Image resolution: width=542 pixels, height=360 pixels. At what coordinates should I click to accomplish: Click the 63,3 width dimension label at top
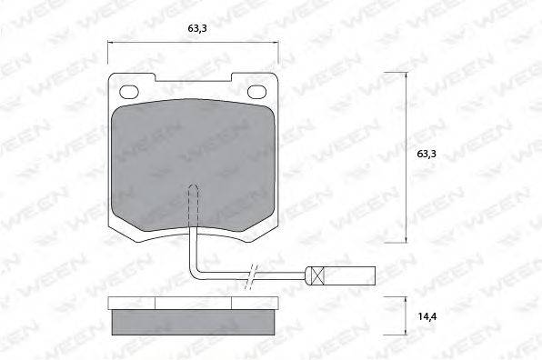pyautogui.click(x=197, y=28)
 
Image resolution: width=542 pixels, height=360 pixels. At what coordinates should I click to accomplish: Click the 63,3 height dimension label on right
pyautogui.click(x=427, y=154)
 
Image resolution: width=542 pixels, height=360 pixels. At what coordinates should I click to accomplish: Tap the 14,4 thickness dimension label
pyautogui.click(x=427, y=316)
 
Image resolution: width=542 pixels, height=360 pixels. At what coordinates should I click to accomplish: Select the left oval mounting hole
pyautogui.click(x=129, y=92)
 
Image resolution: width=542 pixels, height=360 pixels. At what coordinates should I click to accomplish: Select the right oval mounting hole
pyautogui.click(x=257, y=92)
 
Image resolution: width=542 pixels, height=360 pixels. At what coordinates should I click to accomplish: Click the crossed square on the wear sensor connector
pyautogui.click(x=318, y=276)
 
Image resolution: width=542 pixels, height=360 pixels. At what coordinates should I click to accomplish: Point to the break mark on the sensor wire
pyautogui.click(x=251, y=276)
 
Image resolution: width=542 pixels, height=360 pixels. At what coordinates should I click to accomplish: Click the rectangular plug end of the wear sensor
pyautogui.click(x=340, y=276)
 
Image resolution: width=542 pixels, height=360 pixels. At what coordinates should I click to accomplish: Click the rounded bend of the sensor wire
pyautogui.click(x=195, y=274)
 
